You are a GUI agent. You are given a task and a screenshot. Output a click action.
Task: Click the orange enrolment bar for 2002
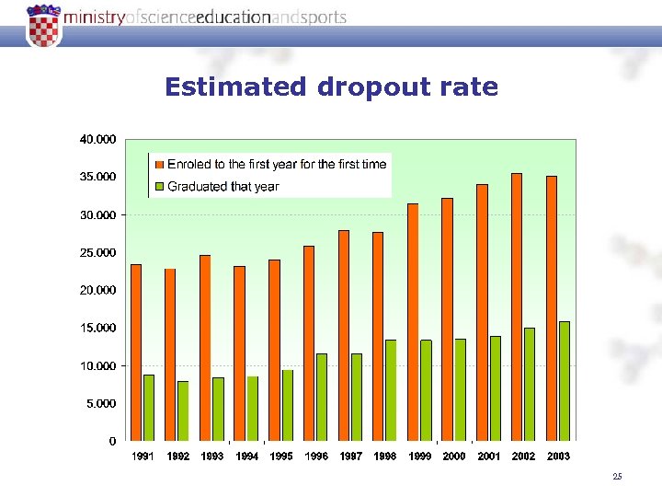[x=517, y=306]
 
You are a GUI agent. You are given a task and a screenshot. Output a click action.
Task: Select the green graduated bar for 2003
[x=565, y=380]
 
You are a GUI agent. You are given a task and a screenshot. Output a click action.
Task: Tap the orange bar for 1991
[x=136, y=352]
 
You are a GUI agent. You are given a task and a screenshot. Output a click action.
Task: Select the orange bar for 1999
[x=413, y=321]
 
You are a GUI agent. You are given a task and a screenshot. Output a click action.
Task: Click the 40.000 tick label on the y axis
[x=97, y=140]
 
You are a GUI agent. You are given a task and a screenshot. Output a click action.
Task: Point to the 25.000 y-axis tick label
[x=97, y=252]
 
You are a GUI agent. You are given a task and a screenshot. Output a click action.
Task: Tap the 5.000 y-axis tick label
[x=100, y=403]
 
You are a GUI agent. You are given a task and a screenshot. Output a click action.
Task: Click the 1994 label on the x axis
[x=247, y=457]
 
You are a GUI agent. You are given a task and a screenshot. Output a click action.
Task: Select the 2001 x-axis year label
[x=489, y=457]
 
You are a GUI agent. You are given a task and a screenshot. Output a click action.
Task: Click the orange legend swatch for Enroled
[x=158, y=165]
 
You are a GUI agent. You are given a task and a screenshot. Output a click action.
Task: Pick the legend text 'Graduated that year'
[x=223, y=187]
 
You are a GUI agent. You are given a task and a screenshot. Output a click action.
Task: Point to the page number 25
[x=617, y=476]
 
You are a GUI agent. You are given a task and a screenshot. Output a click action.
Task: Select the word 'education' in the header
[x=234, y=17]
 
